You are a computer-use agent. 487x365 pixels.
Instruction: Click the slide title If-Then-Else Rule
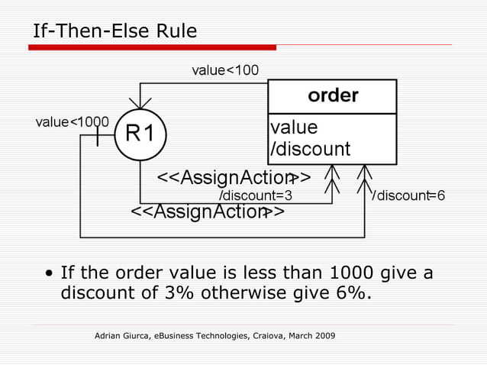(114, 31)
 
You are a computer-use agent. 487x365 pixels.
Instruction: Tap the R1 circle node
(140, 134)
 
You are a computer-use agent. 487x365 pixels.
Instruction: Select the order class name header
(333, 96)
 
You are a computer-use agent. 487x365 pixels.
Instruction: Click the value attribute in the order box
(294, 127)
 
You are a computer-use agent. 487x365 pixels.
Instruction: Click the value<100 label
(225, 70)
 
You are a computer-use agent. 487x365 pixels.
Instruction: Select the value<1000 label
(73, 121)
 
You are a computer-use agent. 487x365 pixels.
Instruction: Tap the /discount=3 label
(256, 195)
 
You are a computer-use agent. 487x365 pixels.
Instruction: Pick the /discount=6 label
(408, 195)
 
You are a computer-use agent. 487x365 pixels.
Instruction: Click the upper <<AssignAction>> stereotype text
(233, 178)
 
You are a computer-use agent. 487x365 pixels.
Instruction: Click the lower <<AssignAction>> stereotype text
(208, 212)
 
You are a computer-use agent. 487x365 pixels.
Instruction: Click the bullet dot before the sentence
(50, 273)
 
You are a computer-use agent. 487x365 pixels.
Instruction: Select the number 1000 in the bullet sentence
(356, 273)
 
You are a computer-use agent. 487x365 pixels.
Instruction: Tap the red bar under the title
(153, 47)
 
